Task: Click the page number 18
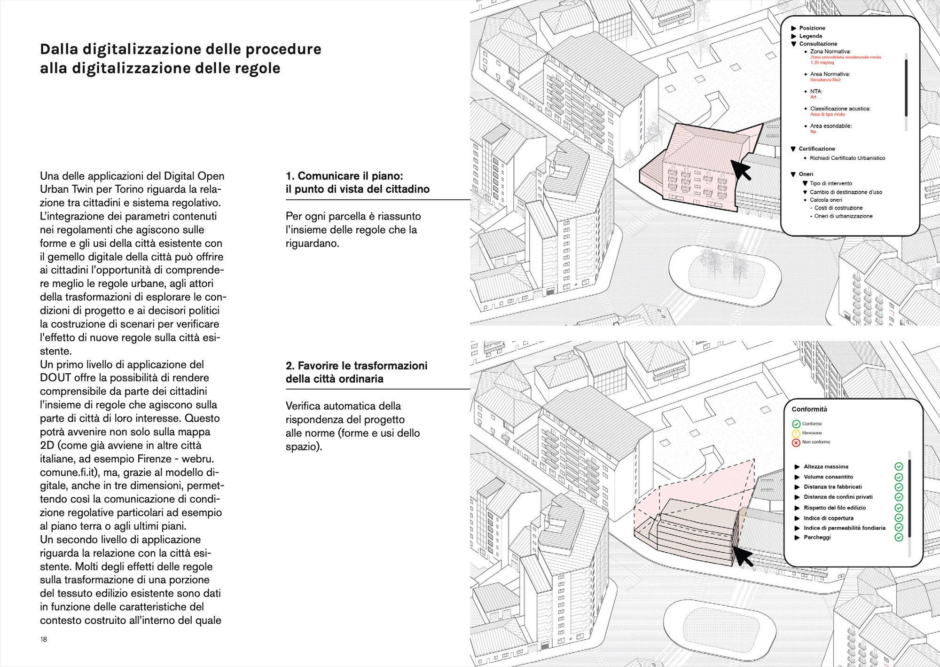[x=44, y=639]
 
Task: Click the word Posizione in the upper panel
[x=812, y=28]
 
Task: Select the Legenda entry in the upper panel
[x=811, y=36]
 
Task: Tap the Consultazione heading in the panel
[x=818, y=44]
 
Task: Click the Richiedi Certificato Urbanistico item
[x=847, y=158]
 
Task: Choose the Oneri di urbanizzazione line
[x=843, y=216]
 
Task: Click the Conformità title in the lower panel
[x=809, y=409]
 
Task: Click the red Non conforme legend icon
[x=796, y=443]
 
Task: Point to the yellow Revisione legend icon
[x=796, y=433]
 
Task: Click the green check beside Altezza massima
[x=899, y=467]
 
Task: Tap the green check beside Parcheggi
[x=899, y=537]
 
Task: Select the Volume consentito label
[x=828, y=477]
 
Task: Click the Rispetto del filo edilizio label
[x=835, y=508]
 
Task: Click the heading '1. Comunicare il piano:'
[x=344, y=176]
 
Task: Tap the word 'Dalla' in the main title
[x=59, y=49]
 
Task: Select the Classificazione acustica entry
[x=840, y=109]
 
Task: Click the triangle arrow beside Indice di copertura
[x=797, y=518]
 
